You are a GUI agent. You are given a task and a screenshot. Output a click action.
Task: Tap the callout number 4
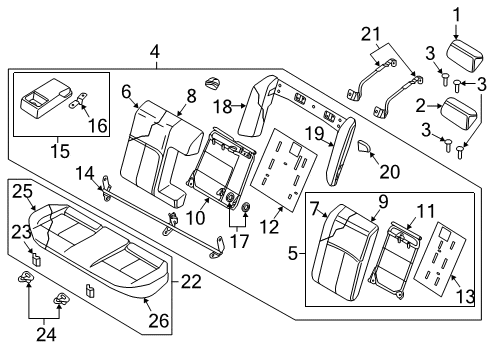coord(154,50)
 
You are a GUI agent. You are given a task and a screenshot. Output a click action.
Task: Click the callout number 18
coord(225,105)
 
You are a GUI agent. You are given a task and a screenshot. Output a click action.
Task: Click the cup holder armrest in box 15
coord(44,101)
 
